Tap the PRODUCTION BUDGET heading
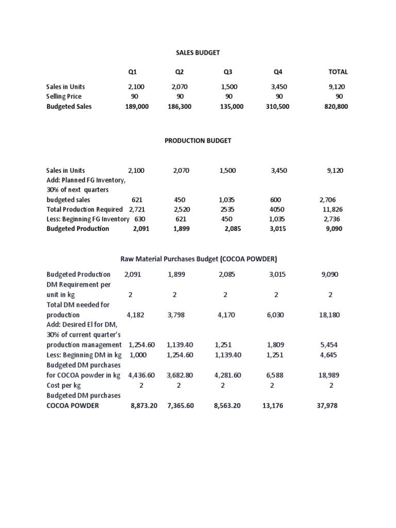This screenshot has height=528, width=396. [x=198, y=141]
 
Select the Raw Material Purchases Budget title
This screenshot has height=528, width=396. [x=199, y=259]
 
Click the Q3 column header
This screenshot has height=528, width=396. [x=228, y=72]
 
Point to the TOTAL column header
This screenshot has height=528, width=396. [x=338, y=72]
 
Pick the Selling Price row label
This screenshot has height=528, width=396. [x=64, y=96]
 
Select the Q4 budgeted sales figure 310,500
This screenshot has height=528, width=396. [x=279, y=107]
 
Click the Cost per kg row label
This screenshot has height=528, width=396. [x=64, y=385]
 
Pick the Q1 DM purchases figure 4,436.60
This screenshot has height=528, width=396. [x=141, y=375]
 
